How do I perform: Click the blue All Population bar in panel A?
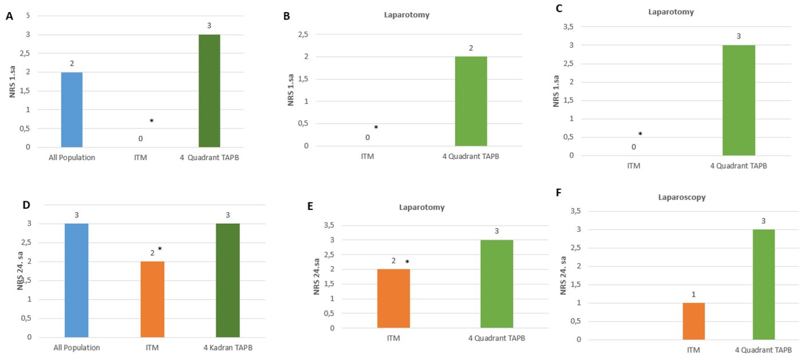click(72, 109)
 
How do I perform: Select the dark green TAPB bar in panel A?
click(209, 91)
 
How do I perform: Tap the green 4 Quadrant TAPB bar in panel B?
click(471, 101)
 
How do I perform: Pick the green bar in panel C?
click(739, 100)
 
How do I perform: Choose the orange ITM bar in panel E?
click(393, 298)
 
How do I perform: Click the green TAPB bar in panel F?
click(763, 284)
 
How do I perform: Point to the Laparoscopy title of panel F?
click(681, 197)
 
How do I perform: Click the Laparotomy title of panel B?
click(406, 15)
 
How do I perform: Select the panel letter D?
click(26, 205)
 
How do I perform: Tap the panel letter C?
click(559, 9)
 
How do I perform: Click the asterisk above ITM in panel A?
click(152, 121)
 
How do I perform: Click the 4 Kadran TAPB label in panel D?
click(228, 348)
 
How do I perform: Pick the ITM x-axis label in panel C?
click(633, 166)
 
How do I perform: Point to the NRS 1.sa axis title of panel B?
click(291, 90)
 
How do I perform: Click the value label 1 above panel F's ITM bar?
click(693, 294)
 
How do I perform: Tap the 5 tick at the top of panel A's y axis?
click(28, 15)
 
